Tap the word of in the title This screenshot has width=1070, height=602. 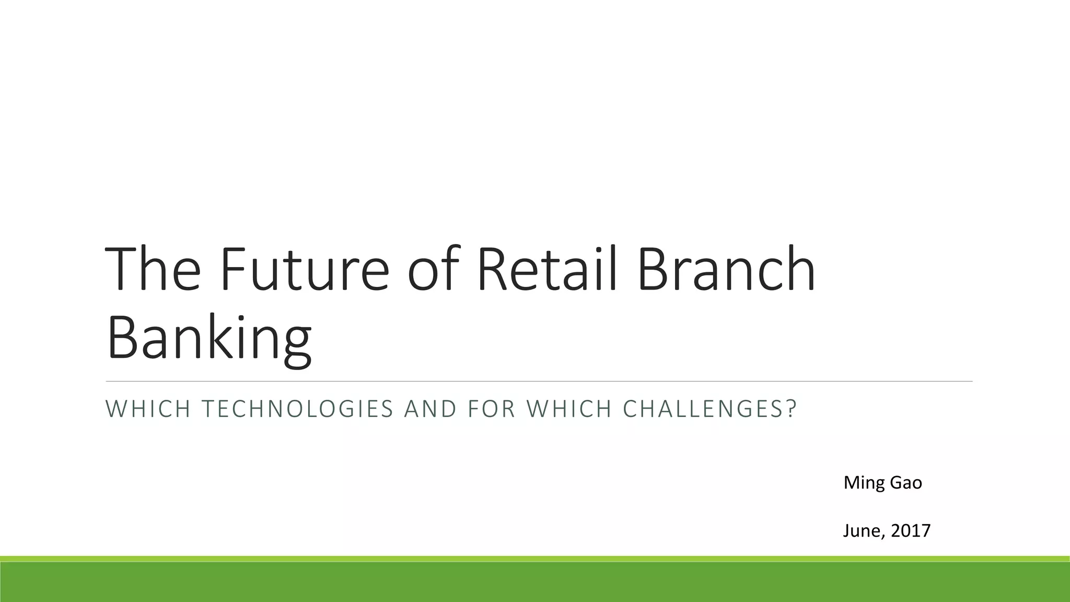click(433, 269)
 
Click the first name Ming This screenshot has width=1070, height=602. click(864, 483)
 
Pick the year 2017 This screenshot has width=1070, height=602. click(911, 531)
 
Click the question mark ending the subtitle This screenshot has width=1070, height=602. click(792, 409)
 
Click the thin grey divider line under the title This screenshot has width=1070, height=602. click(538, 381)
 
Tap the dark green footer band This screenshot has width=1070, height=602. click(535, 583)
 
